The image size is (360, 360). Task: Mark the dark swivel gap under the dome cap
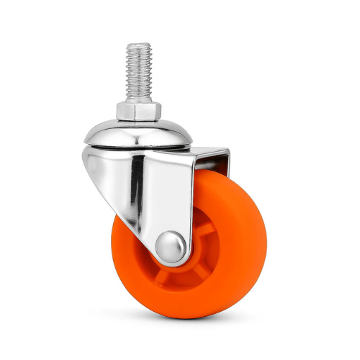click(137, 147)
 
